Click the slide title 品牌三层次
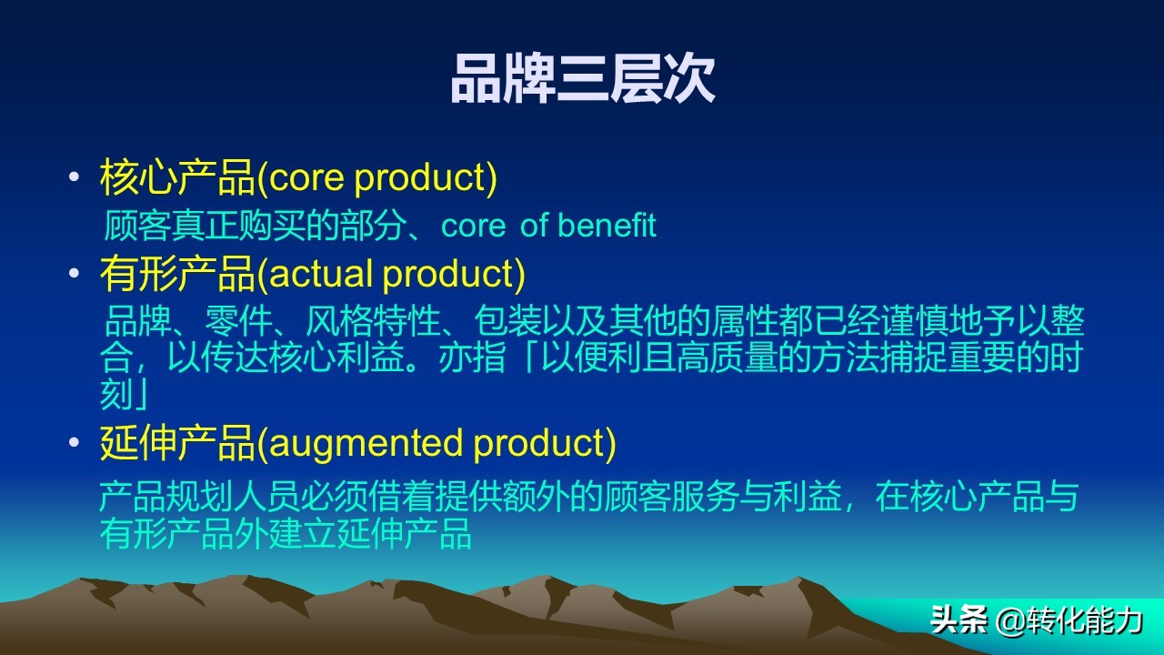pyautogui.click(x=582, y=80)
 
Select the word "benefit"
pyautogui.click(x=607, y=226)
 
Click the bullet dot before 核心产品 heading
pyautogui.click(x=74, y=178)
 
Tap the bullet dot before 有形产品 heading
pyautogui.click(x=74, y=275)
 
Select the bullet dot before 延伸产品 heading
pyautogui.click(x=74, y=444)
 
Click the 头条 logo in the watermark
pyautogui.click(x=958, y=620)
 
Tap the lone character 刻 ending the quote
pyautogui.click(x=117, y=395)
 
